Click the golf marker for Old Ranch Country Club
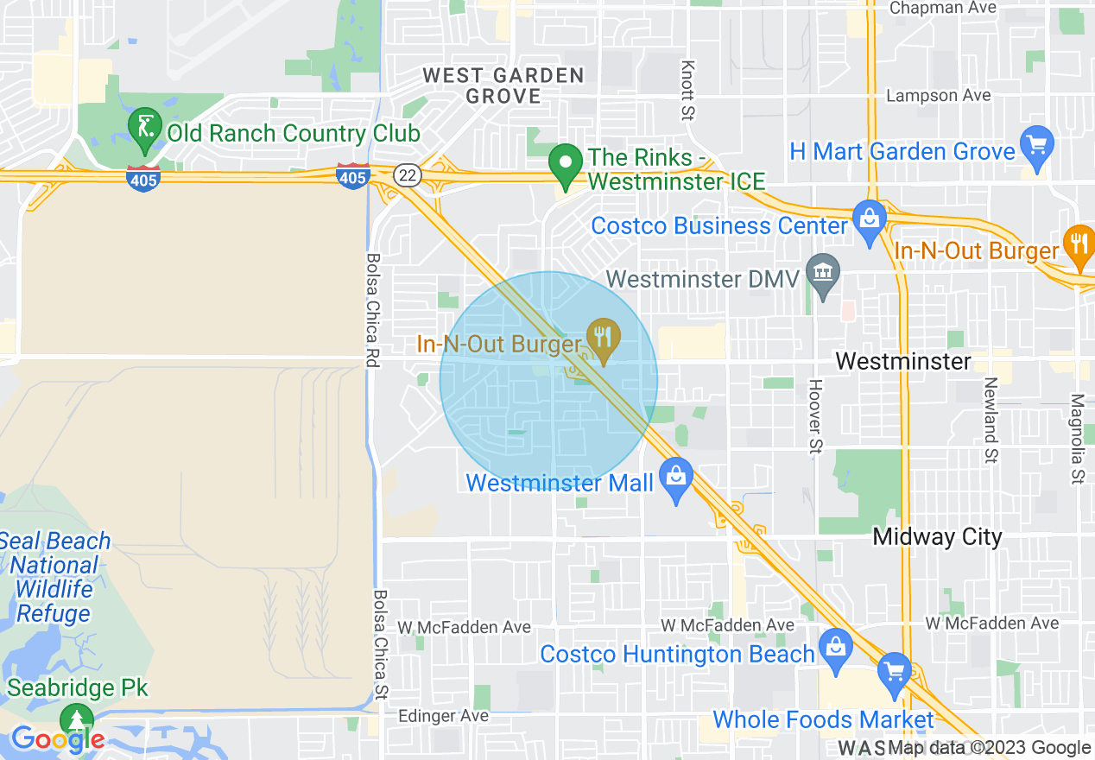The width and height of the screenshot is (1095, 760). tap(145, 127)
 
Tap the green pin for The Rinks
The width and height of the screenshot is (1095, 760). tap(566, 165)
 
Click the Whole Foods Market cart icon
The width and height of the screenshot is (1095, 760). tap(894, 671)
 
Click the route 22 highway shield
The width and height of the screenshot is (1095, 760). tap(407, 175)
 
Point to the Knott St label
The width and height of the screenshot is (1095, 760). tap(688, 90)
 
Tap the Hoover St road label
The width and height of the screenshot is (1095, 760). tap(814, 416)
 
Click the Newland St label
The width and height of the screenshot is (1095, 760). tap(991, 420)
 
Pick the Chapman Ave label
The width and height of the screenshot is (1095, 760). tap(942, 8)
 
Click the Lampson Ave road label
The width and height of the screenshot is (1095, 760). tap(939, 96)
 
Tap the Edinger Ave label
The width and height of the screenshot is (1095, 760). tap(443, 716)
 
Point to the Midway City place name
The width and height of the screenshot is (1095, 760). tap(937, 537)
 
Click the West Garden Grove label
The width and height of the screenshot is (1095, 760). tap(503, 85)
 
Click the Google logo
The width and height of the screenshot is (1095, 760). tap(58, 739)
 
